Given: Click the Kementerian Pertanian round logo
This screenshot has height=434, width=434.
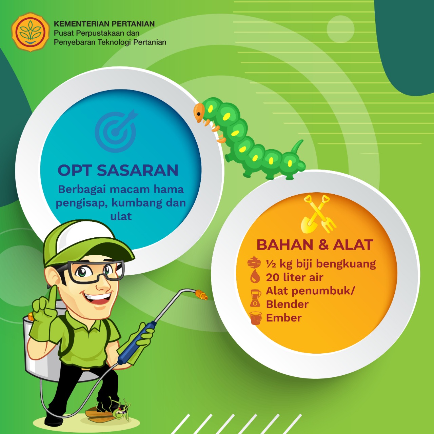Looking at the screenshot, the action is point(31,32).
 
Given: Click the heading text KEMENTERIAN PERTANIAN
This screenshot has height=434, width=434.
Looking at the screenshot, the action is point(104,24).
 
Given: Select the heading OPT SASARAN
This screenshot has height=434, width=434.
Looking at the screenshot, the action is point(118,170).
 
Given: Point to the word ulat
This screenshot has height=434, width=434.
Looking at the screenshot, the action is point(121,216).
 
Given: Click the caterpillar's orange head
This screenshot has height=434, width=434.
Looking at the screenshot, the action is point(199,112).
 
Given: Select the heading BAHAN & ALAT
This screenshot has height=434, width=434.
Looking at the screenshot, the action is point(315,245).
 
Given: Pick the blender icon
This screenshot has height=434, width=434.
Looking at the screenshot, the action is point(255,298).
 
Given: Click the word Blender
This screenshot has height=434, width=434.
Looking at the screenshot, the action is point(287,304).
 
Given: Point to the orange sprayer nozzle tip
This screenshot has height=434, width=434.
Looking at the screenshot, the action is point(201,295).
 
